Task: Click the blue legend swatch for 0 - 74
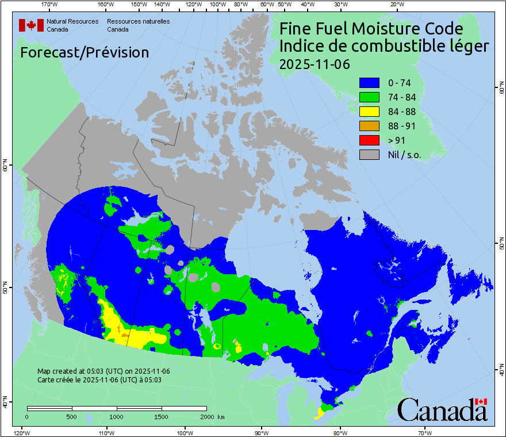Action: click(x=369, y=83)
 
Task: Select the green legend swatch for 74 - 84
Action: click(x=369, y=97)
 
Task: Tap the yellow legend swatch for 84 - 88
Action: click(x=369, y=112)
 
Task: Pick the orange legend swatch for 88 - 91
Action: click(x=369, y=126)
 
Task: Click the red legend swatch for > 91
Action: click(x=369, y=140)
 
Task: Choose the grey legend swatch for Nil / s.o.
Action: click(x=369, y=155)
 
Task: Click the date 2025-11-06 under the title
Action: click(x=314, y=64)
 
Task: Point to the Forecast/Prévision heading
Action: click(x=85, y=52)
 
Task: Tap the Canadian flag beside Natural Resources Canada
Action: click(x=31, y=25)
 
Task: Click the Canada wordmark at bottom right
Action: click(x=442, y=410)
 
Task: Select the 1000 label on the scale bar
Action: click(x=117, y=416)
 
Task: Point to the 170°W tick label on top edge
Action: click(x=50, y=5)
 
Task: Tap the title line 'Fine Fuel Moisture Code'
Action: click(x=371, y=29)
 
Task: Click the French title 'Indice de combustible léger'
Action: click(x=384, y=46)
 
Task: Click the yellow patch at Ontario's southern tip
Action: click(x=320, y=413)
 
